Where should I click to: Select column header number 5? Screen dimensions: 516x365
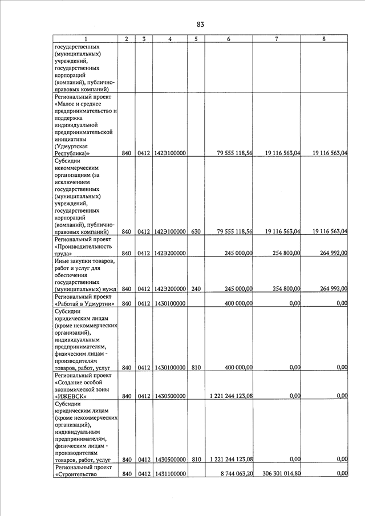pos(196,39)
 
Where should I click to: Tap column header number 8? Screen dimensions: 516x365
pos(324,39)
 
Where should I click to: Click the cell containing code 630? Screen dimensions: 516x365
pos(196,231)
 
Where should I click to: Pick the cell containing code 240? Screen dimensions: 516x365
pos(196,289)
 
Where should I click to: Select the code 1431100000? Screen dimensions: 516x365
pos(169,474)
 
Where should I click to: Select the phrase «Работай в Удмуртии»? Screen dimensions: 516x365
pos(85,303)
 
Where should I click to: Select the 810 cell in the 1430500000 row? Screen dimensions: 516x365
pos(196,459)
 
